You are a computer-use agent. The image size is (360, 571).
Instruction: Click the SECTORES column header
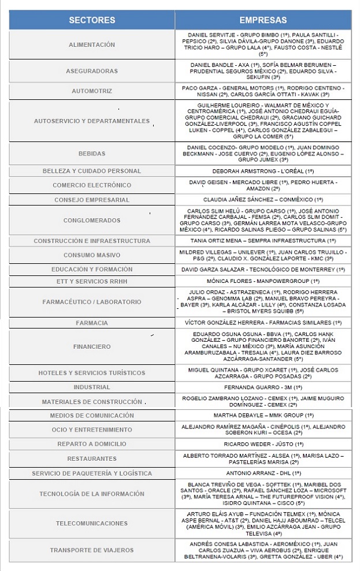[92, 20]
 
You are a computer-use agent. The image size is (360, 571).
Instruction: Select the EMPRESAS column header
[263, 20]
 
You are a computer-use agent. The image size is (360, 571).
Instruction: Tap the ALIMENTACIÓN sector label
[92, 44]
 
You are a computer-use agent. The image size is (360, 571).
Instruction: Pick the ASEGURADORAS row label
[92, 71]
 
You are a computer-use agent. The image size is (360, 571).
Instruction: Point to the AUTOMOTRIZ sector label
[92, 91]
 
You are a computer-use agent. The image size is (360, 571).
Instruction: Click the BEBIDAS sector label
[92, 154]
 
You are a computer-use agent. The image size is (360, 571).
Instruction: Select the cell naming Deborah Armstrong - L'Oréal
[263, 171]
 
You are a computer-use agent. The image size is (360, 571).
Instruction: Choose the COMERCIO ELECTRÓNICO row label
[92, 185]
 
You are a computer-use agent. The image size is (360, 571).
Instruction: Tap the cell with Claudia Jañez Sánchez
[263, 199]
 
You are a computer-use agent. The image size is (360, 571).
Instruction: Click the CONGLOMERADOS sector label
[92, 220]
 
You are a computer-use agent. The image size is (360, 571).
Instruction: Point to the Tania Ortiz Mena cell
[263, 241]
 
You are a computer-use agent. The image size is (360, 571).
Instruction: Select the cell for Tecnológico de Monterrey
[263, 270]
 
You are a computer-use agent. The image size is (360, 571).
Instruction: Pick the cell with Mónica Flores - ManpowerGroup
[263, 281]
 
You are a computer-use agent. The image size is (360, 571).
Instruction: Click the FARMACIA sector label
[92, 323]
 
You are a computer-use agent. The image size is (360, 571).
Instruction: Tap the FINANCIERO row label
[92, 347]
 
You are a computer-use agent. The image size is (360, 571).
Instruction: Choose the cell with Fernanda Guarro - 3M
[263, 387]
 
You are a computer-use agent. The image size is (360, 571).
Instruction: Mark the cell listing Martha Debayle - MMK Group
[263, 416]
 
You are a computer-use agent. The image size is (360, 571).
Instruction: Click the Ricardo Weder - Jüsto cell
[263, 444]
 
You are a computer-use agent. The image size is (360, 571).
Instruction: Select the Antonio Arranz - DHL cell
[263, 473]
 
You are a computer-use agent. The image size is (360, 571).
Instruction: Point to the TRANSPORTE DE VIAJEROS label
[92, 550]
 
